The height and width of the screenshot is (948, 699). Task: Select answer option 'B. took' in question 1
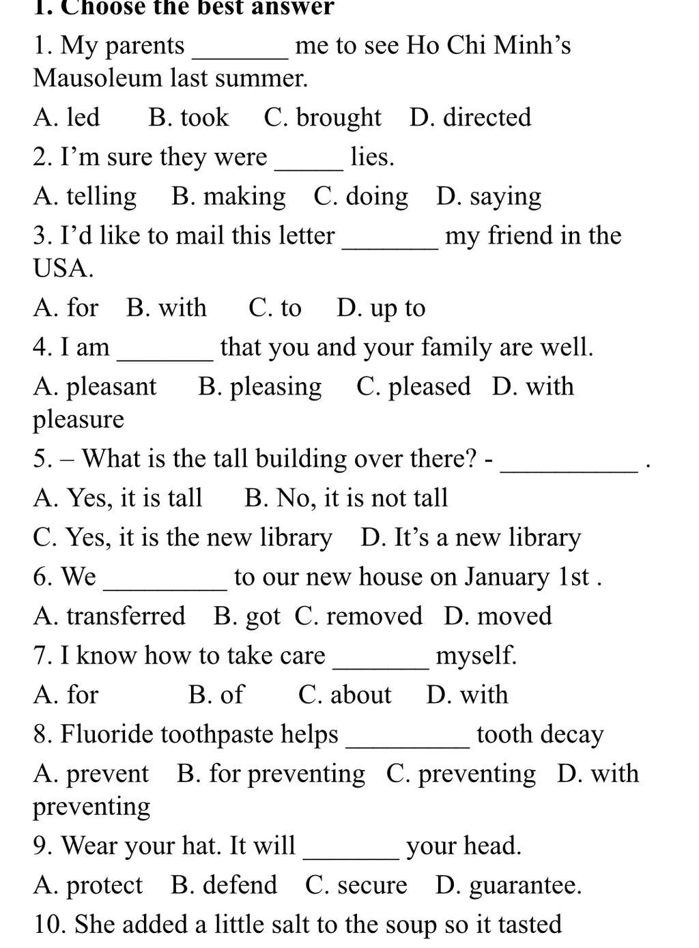188,117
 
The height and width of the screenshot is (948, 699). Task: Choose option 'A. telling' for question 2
85,197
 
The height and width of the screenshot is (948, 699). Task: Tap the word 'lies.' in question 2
373,157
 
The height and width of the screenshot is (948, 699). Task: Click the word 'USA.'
63,268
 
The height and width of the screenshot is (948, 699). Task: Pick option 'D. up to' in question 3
381,308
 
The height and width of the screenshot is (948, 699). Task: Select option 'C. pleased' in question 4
414,387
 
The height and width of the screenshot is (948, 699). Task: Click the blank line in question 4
165,356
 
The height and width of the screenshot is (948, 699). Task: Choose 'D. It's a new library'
471,538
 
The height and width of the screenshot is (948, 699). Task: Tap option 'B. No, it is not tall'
346,498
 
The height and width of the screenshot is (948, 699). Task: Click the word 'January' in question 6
507,577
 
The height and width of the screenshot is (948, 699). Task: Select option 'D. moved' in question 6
498,616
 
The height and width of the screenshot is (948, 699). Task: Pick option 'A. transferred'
109,616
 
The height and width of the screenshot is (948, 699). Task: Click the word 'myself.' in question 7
476,656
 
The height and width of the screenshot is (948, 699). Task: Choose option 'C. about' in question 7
345,695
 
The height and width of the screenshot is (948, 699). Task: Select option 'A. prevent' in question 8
91,774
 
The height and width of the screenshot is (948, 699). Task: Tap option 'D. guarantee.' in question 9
509,885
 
